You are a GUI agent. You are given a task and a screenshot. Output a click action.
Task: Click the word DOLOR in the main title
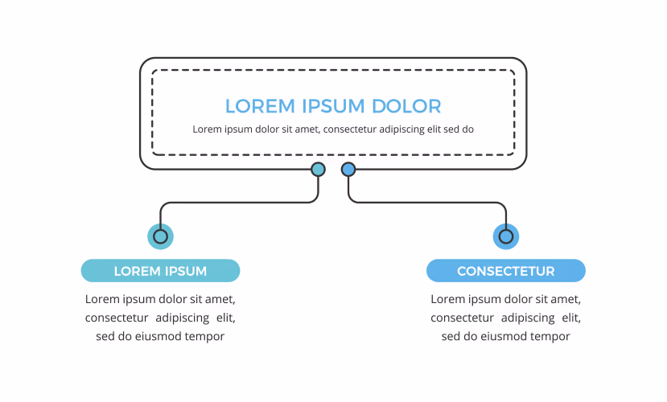tap(406, 106)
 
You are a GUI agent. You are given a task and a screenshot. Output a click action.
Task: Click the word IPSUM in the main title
tap(333, 106)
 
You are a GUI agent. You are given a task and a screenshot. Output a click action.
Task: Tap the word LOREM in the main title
tap(260, 106)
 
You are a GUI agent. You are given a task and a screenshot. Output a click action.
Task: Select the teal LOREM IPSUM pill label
tap(160, 271)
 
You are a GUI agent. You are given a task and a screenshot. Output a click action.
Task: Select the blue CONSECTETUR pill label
tap(506, 271)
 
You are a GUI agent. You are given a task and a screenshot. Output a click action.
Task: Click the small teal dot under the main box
tap(318, 170)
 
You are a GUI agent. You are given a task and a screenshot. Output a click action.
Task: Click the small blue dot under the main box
tap(348, 170)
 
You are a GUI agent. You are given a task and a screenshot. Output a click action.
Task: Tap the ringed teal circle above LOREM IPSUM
tap(160, 236)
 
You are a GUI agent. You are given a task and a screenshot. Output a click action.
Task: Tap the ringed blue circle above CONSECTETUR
tap(506, 236)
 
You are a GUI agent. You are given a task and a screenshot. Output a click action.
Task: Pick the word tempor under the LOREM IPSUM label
tap(207, 337)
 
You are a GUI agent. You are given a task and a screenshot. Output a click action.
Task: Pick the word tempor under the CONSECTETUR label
tap(552, 337)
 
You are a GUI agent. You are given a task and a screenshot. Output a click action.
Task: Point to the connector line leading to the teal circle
tap(239, 203)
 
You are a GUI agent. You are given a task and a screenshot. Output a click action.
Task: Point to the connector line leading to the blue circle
tap(427, 203)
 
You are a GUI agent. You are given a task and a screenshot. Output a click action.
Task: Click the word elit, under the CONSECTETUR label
tap(571, 318)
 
